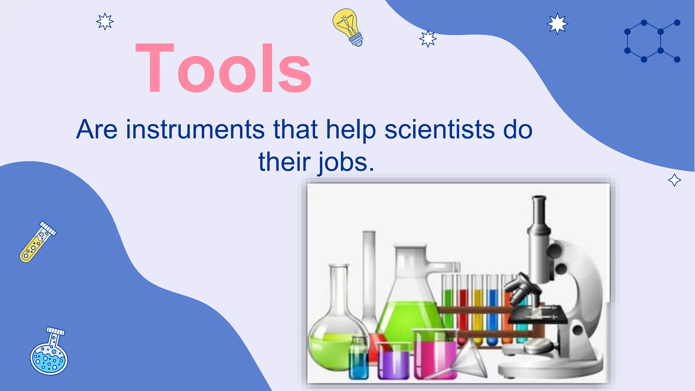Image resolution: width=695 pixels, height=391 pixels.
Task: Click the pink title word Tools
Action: [x=223, y=68]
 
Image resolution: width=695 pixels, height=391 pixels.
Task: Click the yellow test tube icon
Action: [x=37, y=242]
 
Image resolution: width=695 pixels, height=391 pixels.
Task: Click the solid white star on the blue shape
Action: [x=557, y=24]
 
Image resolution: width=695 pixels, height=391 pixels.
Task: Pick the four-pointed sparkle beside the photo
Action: [x=674, y=180]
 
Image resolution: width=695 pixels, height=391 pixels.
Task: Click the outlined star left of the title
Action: [x=105, y=22]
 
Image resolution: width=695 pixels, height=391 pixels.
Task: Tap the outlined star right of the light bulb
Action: [x=428, y=38]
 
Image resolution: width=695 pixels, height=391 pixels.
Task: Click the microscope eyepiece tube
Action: [x=539, y=214]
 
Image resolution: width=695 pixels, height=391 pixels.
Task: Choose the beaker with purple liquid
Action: [x=394, y=361]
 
